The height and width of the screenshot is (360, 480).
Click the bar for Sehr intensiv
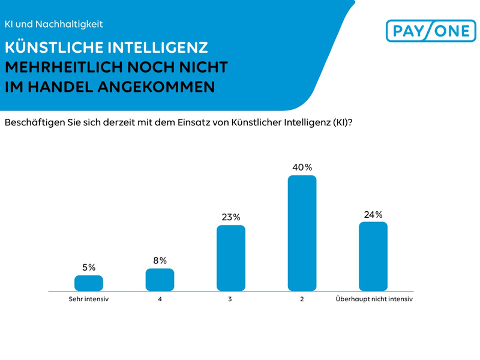[x=89, y=283]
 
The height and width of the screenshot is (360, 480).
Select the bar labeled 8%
[x=160, y=280]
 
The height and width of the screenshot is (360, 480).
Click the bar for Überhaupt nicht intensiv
[x=373, y=256]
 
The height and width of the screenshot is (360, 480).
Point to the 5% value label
[x=89, y=268]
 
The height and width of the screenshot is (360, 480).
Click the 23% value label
[x=231, y=217]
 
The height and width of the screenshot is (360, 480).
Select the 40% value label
[x=302, y=167]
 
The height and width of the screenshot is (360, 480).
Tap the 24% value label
[x=373, y=214]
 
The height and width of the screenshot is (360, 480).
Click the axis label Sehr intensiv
[x=89, y=298]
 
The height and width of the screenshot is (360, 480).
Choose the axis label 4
[x=160, y=298]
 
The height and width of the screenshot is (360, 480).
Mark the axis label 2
[x=302, y=298]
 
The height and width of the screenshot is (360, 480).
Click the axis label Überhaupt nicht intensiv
[x=374, y=298]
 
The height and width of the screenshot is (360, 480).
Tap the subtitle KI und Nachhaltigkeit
[x=53, y=25]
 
